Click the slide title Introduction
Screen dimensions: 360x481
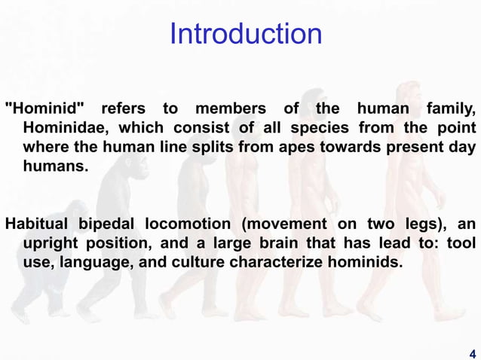tap(246, 34)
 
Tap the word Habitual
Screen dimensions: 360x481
tap(37, 224)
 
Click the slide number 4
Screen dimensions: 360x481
tap(472, 352)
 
